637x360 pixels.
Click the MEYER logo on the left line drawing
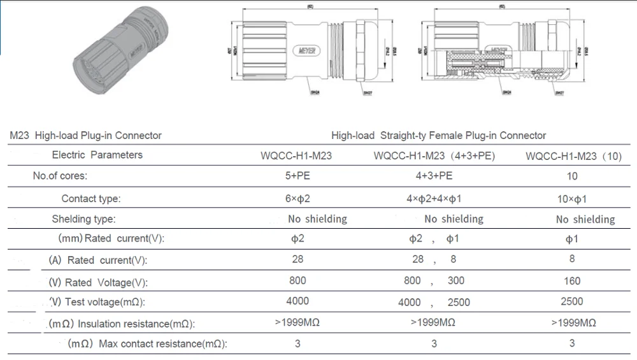[x=311, y=50]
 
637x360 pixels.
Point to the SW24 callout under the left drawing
[x=315, y=92]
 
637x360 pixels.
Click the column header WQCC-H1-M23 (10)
[x=572, y=155]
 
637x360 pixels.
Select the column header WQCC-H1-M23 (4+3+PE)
[x=434, y=155]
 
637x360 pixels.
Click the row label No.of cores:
[x=60, y=176]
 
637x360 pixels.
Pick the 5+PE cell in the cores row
[x=297, y=176]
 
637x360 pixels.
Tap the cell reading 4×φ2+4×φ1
[x=434, y=198]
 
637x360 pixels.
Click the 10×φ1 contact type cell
[x=572, y=199]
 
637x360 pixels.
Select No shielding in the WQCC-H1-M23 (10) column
[x=585, y=220]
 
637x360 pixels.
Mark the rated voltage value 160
[x=572, y=280]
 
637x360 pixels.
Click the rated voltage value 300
[x=456, y=280]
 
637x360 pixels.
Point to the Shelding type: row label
[x=83, y=219]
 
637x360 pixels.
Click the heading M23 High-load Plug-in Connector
[x=86, y=135]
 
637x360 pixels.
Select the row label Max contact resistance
[x=162, y=344]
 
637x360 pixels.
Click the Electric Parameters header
[x=97, y=155]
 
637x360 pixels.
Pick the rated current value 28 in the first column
[x=297, y=259]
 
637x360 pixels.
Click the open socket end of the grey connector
[x=93, y=73]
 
